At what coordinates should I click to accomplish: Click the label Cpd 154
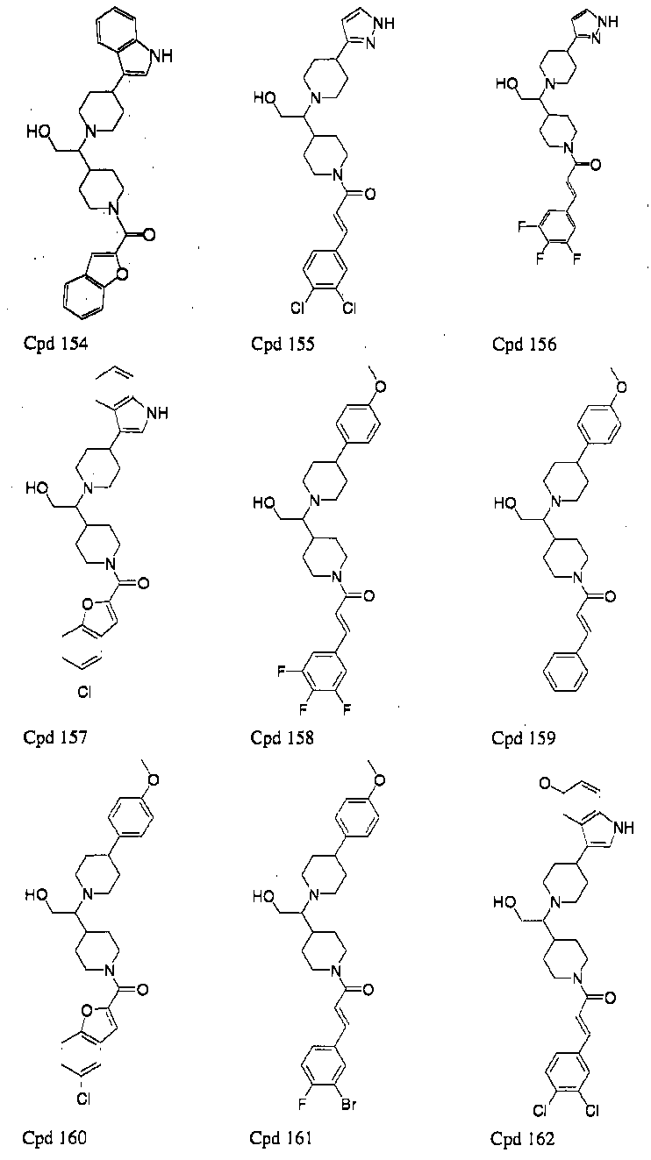55,344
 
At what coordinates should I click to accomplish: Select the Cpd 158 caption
282,737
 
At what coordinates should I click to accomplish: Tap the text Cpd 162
522,1138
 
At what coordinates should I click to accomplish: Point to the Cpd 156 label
524,344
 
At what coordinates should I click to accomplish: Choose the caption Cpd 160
54,1137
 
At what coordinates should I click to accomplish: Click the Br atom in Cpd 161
349,1105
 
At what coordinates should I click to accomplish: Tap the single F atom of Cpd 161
302,1105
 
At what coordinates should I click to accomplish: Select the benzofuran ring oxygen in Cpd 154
122,274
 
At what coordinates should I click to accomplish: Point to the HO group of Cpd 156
507,82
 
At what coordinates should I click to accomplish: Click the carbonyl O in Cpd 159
611,596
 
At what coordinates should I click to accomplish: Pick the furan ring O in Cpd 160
87,1010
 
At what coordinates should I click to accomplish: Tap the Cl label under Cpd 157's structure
84,693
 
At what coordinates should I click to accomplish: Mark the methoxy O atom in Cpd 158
381,388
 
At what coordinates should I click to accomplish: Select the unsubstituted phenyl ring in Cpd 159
566,673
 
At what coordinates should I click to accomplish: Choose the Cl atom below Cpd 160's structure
83,1098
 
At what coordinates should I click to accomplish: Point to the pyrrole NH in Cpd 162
624,828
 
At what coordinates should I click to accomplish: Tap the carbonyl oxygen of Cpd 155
370,195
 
